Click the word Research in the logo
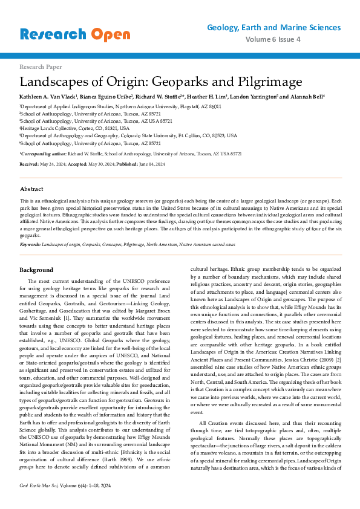tap(53, 34)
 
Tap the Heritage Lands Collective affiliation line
tap(74, 128)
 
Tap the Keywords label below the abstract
tap(31, 244)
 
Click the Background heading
tap(36, 270)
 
